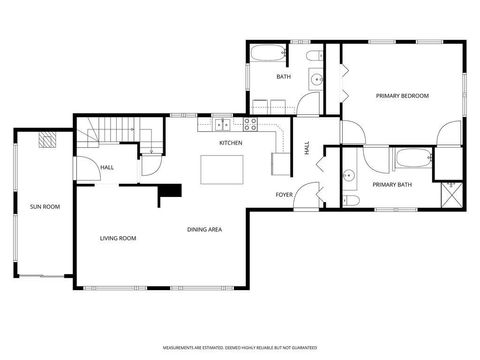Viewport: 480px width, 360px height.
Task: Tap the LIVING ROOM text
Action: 117,238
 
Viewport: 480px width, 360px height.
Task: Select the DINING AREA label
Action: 204,230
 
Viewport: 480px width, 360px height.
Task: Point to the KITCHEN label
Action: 231,143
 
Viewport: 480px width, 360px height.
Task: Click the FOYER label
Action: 284,194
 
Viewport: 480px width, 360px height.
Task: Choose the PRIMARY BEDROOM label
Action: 402,95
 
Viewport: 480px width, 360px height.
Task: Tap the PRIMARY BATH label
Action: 391,185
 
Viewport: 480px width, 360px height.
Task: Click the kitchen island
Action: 221,170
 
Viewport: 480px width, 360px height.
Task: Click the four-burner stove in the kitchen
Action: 251,124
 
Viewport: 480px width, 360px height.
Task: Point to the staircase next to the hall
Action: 111,131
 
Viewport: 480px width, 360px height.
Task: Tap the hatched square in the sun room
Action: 46,141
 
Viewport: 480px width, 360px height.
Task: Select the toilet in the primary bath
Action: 350,200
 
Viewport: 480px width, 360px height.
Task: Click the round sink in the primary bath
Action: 349,176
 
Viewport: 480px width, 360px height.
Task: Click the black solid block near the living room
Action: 172,190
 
